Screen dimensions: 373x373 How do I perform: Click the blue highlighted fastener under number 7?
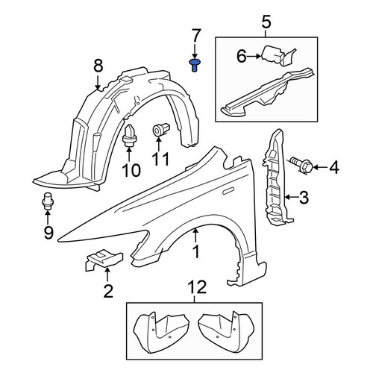(x=195, y=65)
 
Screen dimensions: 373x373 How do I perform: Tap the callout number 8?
(x=98, y=66)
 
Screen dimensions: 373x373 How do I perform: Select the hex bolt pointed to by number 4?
(x=301, y=166)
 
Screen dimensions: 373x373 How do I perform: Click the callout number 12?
(x=198, y=287)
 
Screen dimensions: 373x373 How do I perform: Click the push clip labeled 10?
(x=129, y=136)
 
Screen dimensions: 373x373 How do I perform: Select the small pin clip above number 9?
(x=47, y=201)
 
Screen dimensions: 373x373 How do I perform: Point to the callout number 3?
(x=304, y=198)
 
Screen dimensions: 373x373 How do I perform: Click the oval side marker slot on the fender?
(x=228, y=191)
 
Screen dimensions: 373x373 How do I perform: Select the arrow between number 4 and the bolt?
(x=320, y=167)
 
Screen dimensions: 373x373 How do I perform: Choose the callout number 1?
(x=196, y=251)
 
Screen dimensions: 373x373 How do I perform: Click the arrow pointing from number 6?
(x=254, y=57)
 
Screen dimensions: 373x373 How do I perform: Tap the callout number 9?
(x=48, y=233)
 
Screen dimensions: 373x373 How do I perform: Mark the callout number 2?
(x=108, y=291)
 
